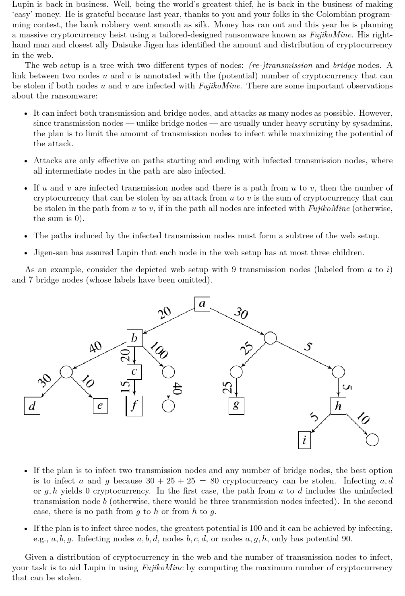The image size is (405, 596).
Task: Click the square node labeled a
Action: [202, 303]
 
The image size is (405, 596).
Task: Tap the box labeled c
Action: [134, 372]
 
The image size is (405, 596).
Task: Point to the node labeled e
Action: [100, 406]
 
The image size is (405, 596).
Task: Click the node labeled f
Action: [134, 406]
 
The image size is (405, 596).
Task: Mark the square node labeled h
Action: [338, 406]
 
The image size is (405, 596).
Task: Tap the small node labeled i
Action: [304, 440]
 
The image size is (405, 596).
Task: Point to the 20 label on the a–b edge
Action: [164, 313]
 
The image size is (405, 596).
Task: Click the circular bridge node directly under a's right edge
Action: [271, 338]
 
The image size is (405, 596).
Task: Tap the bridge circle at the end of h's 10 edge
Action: [372, 440]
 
